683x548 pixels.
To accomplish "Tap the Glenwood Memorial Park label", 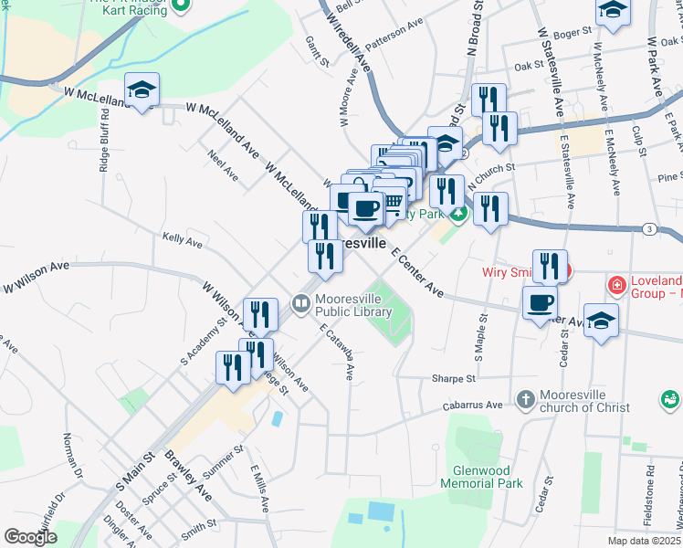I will click(x=481, y=477).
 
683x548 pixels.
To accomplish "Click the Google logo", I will click(x=30, y=536).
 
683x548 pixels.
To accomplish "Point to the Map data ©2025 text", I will click(x=645, y=541).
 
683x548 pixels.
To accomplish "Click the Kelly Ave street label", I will click(x=182, y=240).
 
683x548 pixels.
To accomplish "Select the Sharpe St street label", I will click(x=455, y=378).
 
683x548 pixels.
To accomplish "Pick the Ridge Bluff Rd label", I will click(x=104, y=142).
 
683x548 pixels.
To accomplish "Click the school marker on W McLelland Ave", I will click(x=142, y=90).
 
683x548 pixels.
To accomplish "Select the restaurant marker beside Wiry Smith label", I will click(x=550, y=266).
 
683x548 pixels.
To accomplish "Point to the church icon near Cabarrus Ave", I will click(x=525, y=400).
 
